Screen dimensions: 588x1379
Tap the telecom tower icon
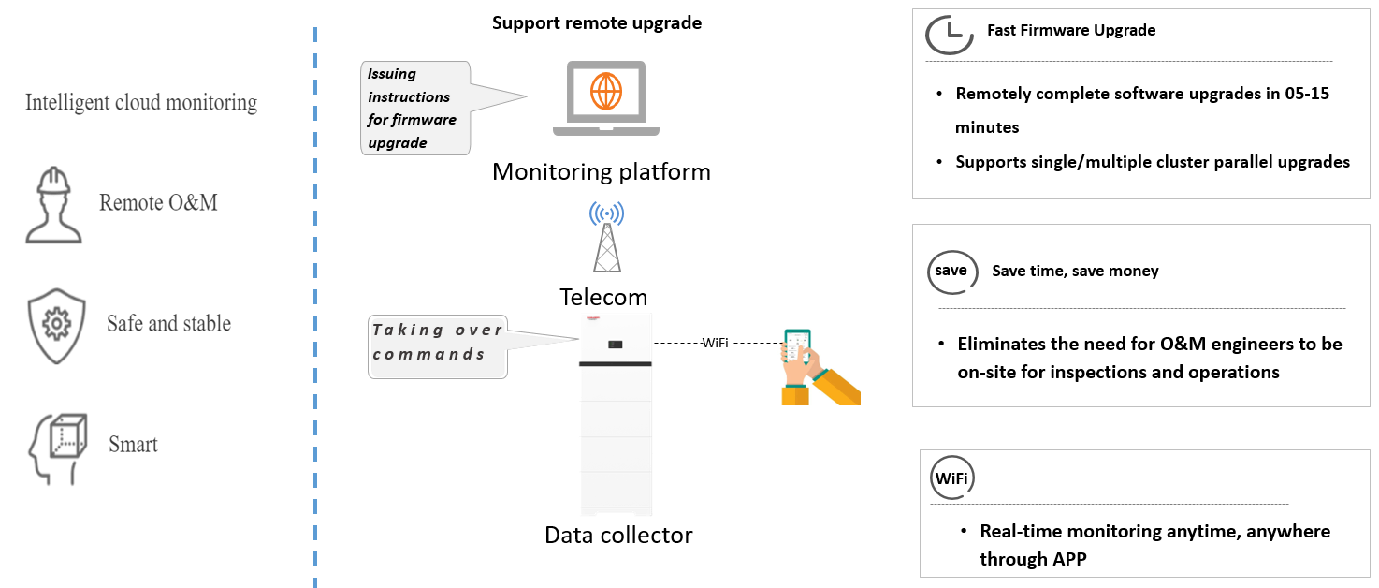pyautogui.click(x=606, y=239)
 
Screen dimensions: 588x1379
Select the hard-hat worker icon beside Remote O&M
pyautogui.click(x=53, y=205)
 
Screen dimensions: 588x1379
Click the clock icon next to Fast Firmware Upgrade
pyautogui.click(x=950, y=34)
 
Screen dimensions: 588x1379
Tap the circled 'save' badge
pyautogui.click(x=951, y=272)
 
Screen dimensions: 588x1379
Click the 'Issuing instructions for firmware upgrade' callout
pyautogui.click(x=414, y=109)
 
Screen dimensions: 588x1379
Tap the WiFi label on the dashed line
pyautogui.click(x=716, y=345)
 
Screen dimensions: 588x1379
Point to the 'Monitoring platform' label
pyautogui.click(x=602, y=172)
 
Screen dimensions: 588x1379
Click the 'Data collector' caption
pyautogui.click(x=618, y=536)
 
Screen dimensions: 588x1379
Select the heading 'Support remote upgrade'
pyautogui.click(x=597, y=22)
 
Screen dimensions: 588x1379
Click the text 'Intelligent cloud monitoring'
pyautogui.click(x=141, y=102)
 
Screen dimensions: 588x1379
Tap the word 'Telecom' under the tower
pyautogui.click(x=603, y=298)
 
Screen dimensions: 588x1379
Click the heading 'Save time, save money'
pyautogui.click(x=1075, y=272)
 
